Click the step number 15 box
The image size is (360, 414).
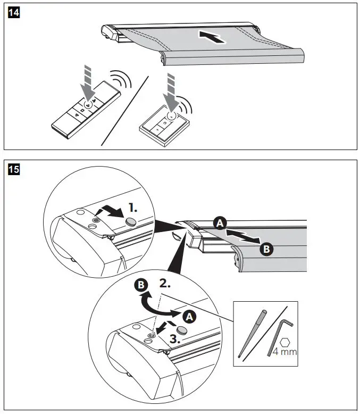13,170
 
